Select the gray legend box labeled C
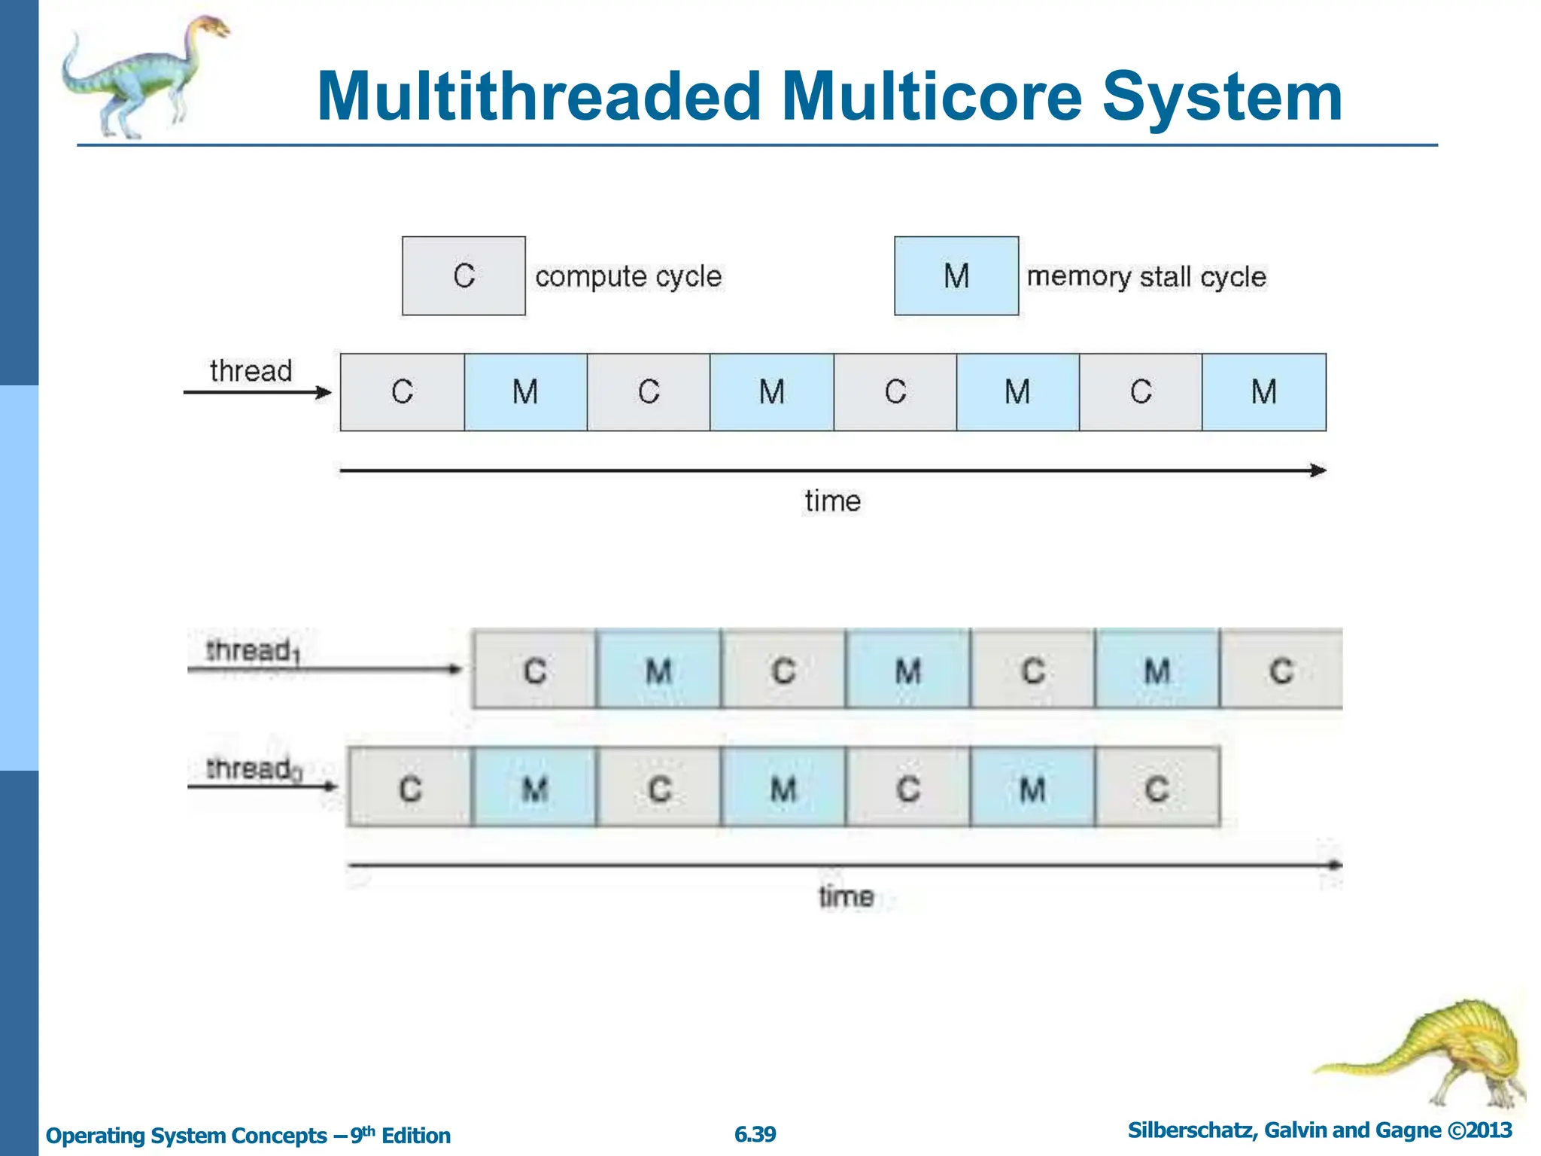click(464, 275)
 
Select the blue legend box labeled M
click(956, 275)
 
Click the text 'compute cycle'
click(628, 276)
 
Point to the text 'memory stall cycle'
click(1146, 276)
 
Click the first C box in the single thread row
click(402, 392)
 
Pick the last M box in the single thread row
click(1263, 392)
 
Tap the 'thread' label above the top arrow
click(251, 371)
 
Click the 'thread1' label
click(252, 651)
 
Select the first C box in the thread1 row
click(534, 670)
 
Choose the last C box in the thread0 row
click(1157, 788)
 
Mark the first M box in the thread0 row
click(534, 788)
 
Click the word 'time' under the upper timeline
click(832, 501)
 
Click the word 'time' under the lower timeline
click(846, 897)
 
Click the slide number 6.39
click(755, 1134)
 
